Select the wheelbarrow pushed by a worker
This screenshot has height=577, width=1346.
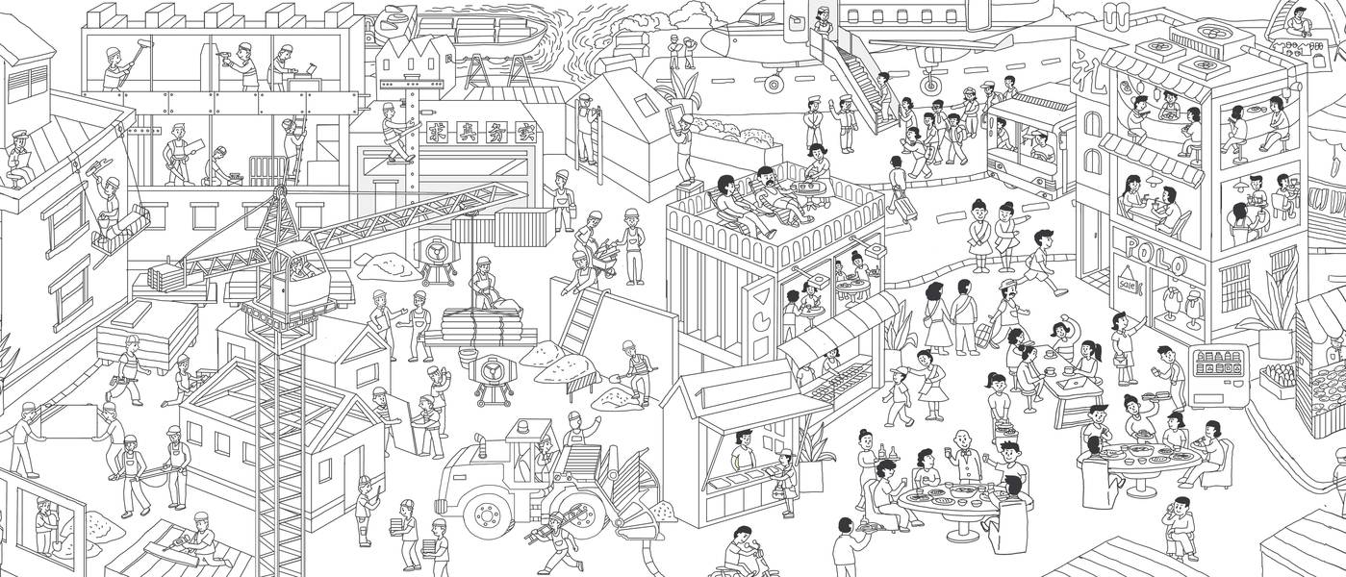(x=604, y=258)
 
